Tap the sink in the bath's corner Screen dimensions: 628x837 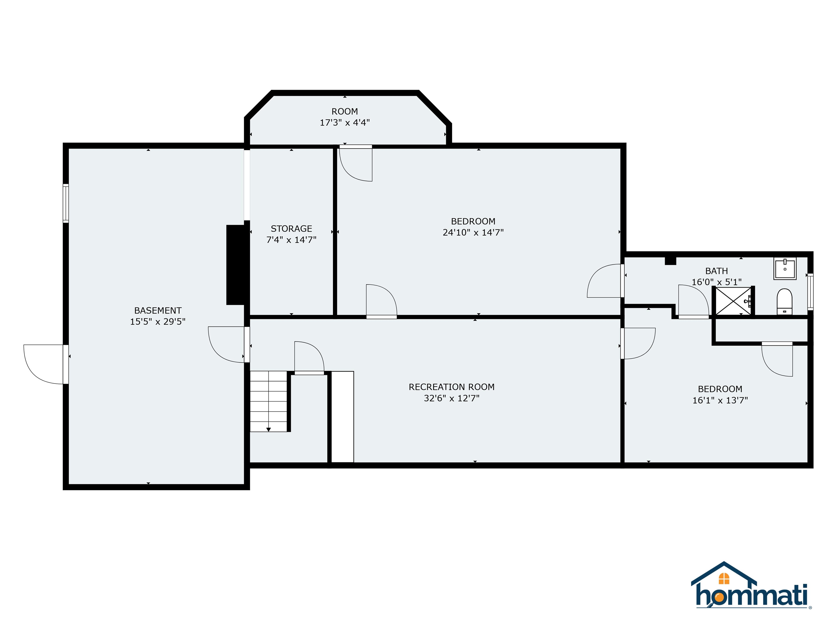tap(785, 269)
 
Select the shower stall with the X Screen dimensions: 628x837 tap(733, 301)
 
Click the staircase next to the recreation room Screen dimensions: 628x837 tap(268, 401)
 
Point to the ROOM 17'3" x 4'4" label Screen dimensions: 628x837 tap(344, 117)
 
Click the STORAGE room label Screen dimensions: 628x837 tap(291, 229)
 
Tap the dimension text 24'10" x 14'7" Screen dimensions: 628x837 tap(473, 233)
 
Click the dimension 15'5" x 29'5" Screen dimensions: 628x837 tap(157, 322)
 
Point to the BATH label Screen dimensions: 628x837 tap(716, 271)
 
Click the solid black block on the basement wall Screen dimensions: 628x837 tap(236, 265)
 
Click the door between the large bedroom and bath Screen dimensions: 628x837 tap(605, 281)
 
